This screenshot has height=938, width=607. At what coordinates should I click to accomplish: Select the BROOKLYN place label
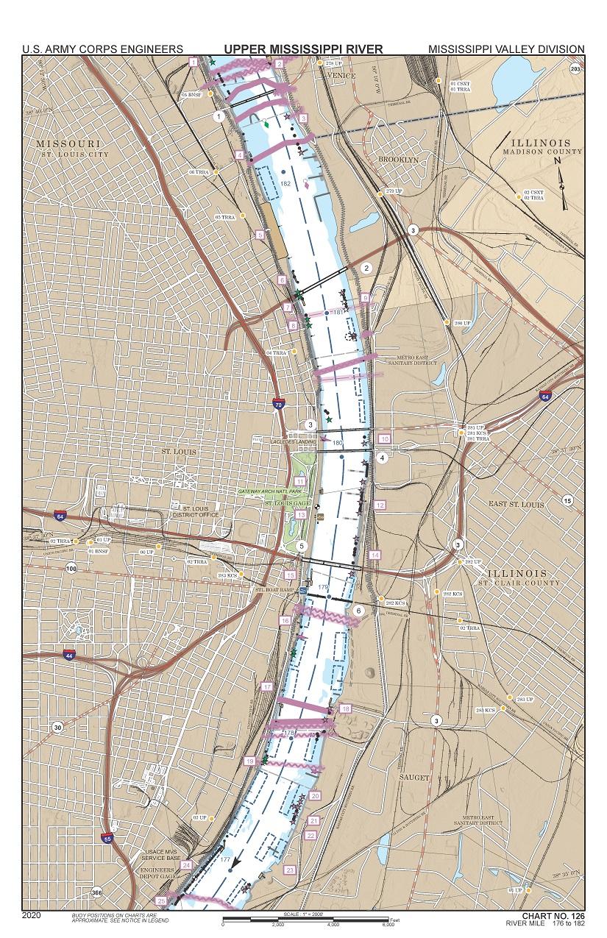[x=397, y=159]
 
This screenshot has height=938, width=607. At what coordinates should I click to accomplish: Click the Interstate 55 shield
[x=107, y=838]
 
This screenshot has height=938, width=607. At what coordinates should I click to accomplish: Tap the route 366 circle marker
[x=97, y=892]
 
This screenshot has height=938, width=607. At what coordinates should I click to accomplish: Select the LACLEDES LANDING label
[x=278, y=441]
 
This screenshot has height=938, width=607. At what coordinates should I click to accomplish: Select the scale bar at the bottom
[x=305, y=920]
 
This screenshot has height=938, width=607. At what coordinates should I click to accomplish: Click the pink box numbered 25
[x=162, y=900]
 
